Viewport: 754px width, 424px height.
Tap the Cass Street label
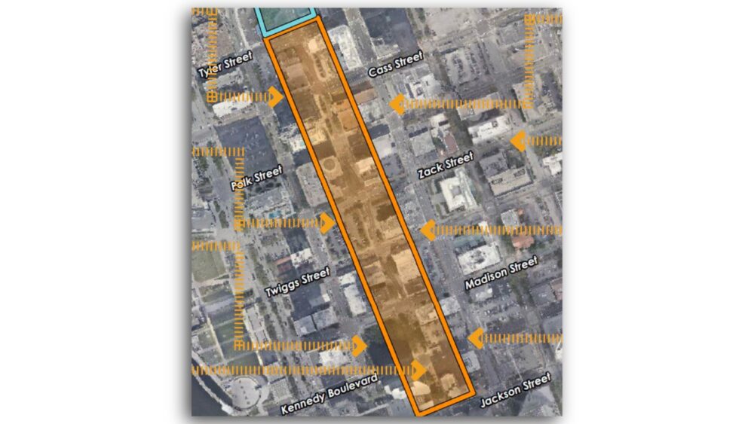396,65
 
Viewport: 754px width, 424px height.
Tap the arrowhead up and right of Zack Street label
518,140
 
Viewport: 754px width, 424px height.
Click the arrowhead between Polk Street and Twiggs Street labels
327,223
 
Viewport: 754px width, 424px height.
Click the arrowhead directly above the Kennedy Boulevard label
360,347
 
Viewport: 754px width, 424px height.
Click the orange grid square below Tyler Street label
213,96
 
